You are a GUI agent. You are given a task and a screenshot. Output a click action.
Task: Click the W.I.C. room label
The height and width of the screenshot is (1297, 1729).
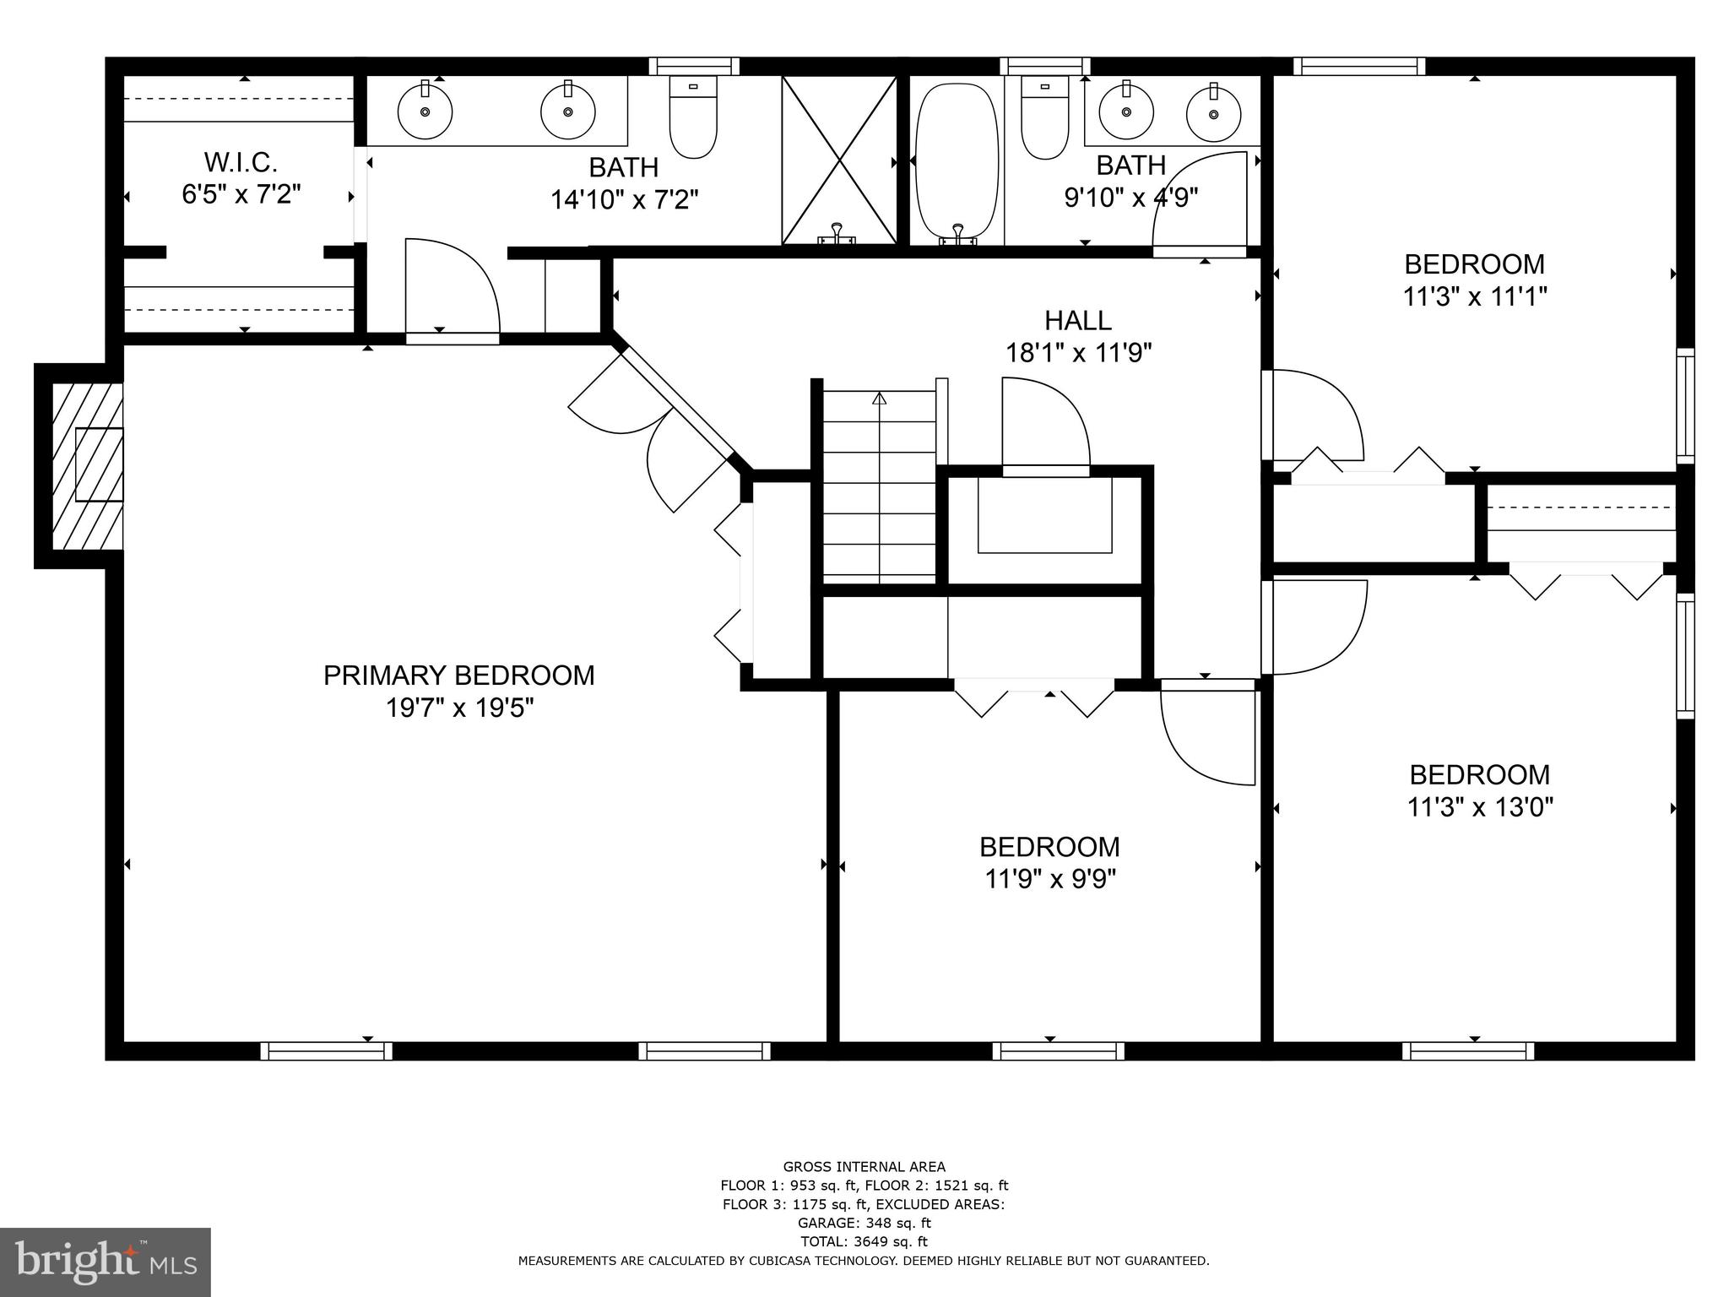(x=241, y=161)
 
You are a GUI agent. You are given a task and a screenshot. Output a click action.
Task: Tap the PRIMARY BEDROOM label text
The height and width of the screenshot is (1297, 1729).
(x=458, y=676)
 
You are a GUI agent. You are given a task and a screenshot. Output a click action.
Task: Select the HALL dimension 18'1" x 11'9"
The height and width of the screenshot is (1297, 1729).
(x=1078, y=352)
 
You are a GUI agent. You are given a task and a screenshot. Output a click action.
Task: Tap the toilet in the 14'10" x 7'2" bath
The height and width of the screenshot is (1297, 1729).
(x=693, y=118)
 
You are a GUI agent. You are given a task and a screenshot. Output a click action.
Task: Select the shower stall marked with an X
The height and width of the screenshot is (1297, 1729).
(x=838, y=160)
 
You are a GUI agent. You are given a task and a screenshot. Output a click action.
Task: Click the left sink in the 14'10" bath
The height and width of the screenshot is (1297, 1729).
(x=425, y=111)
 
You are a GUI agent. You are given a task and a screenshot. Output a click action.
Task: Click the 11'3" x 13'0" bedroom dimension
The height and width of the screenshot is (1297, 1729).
(x=1480, y=807)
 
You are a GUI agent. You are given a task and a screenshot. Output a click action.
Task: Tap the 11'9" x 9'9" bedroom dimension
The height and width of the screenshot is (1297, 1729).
(x=1050, y=879)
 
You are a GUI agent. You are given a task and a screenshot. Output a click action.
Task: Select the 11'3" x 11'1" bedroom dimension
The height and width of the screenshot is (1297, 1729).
(x=1474, y=296)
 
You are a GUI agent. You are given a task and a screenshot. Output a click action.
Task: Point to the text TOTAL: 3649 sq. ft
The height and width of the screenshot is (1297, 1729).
(x=864, y=1241)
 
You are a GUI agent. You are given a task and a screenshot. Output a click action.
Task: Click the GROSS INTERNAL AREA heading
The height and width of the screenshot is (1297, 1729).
(x=864, y=1167)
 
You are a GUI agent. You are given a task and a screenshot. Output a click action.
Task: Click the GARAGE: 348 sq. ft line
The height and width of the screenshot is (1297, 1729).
(x=864, y=1223)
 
